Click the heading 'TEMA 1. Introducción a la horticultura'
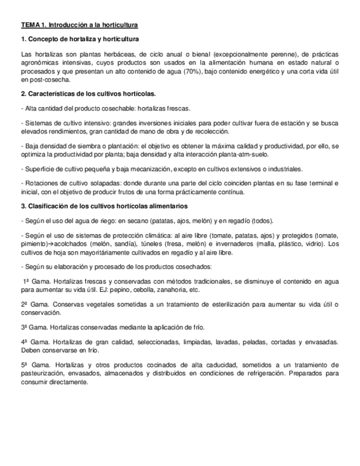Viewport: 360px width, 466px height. pyautogui.click(x=79, y=26)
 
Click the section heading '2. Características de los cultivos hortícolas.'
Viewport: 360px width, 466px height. pyautogui.click(x=88, y=93)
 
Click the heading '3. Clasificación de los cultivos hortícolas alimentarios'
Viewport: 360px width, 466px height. pyautogui.click(x=104, y=206)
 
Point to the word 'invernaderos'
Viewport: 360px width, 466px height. pyautogui.click(x=234, y=244)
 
